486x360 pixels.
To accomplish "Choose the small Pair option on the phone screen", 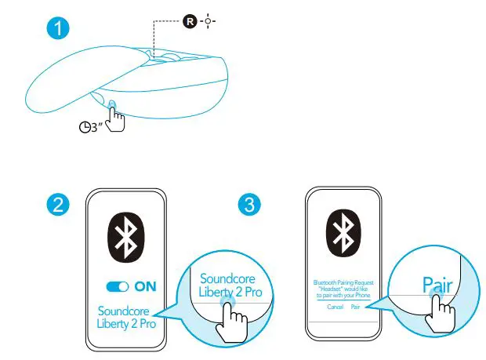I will (x=355, y=307).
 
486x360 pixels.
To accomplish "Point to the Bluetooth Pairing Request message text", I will (x=343, y=287).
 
